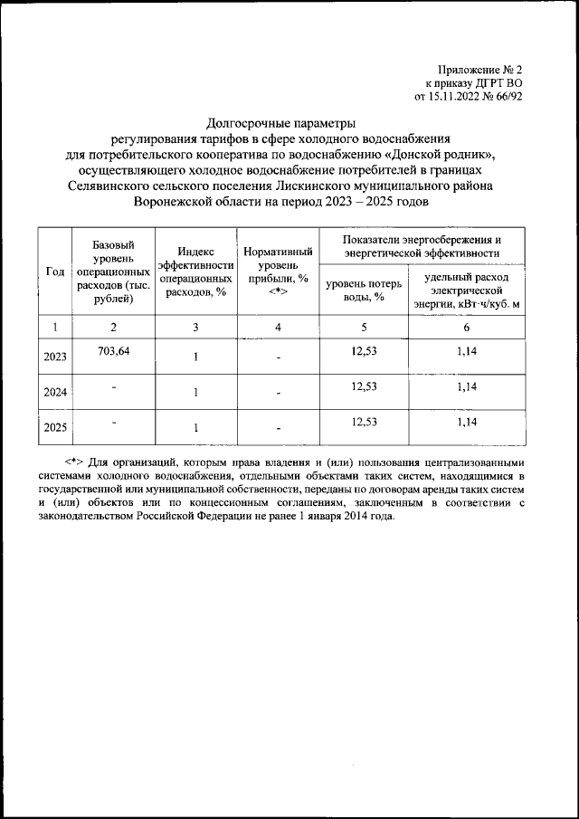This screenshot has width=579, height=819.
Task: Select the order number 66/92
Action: pos(529,95)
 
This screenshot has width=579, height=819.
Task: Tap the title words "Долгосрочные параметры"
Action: pos(280,122)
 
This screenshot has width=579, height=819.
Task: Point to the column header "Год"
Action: pos(55,271)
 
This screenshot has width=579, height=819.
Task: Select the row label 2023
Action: pos(55,357)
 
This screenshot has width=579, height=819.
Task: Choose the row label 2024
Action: pos(55,393)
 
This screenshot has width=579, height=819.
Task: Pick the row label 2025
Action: pos(55,428)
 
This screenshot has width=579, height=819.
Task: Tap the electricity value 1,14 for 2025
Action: pos(466,422)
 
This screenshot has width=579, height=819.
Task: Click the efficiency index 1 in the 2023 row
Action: pos(195,357)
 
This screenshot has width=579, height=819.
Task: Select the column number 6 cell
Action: pos(466,327)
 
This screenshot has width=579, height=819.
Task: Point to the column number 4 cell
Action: pos(279,327)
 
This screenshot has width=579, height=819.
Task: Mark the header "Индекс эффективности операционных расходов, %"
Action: pos(195,271)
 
